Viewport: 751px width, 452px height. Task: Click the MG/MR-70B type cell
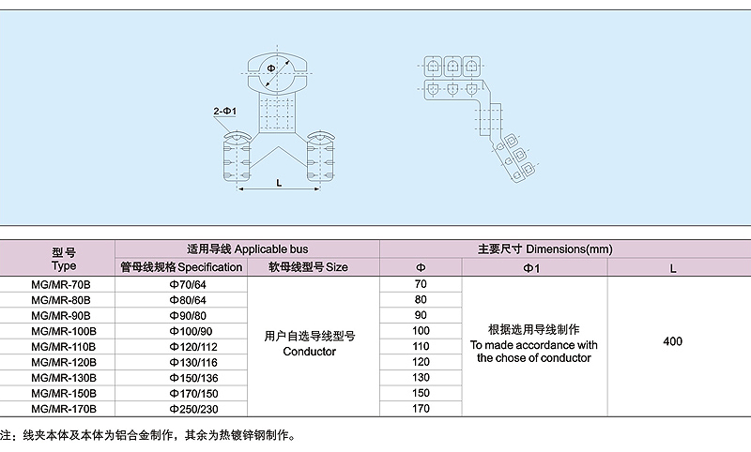pyautogui.click(x=61, y=284)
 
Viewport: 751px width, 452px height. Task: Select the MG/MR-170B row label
pyautogui.click(x=64, y=409)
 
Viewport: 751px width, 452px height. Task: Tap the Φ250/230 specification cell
pyautogui.click(x=193, y=409)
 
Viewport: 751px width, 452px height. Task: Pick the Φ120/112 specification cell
pyautogui.click(x=193, y=347)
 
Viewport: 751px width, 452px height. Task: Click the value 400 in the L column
pyautogui.click(x=672, y=341)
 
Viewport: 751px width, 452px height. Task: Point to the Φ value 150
pyautogui.click(x=421, y=393)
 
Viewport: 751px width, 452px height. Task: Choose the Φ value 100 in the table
pyautogui.click(x=421, y=330)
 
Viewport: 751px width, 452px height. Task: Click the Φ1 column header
pyautogui.click(x=531, y=268)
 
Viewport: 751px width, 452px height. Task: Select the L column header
pyautogui.click(x=673, y=269)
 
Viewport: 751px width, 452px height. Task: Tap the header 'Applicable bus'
pyautogui.click(x=271, y=249)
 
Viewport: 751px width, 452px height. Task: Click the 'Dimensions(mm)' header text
pyautogui.click(x=570, y=249)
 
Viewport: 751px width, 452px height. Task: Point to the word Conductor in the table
pyautogui.click(x=310, y=352)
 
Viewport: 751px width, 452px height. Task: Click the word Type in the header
pyautogui.click(x=64, y=266)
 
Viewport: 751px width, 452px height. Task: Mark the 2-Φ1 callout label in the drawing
pyautogui.click(x=225, y=111)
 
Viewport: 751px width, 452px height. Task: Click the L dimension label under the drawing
pyautogui.click(x=279, y=183)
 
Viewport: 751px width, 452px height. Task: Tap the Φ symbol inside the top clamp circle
pyautogui.click(x=271, y=68)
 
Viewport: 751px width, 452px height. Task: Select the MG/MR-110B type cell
pyautogui.click(x=64, y=347)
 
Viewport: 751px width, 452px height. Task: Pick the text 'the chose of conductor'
pyautogui.click(x=534, y=358)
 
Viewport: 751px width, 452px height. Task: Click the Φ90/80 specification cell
pyautogui.click(x=191, y=316)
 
